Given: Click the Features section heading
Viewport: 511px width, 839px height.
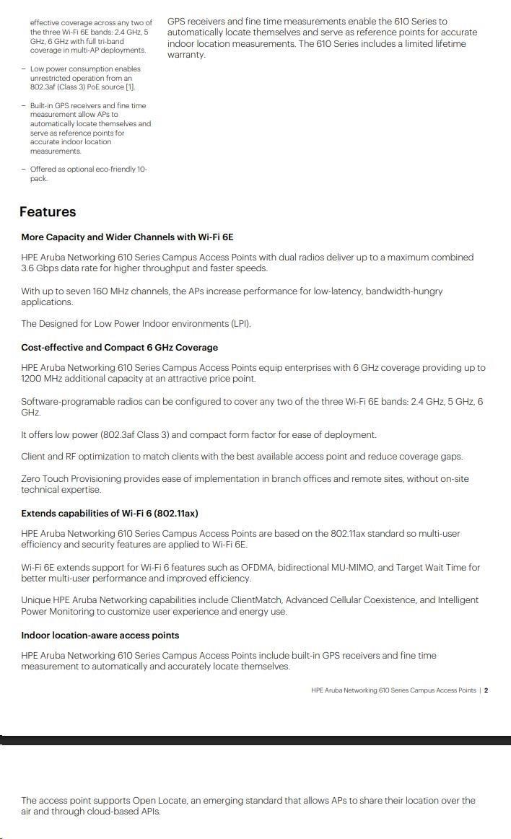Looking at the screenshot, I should (48, 212).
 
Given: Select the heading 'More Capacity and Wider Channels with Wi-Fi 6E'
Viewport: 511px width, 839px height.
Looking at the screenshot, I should (127, 237).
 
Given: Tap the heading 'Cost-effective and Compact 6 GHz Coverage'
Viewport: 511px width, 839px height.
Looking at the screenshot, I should (119, 348).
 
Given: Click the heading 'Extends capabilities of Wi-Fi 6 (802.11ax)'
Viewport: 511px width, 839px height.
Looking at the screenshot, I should (109, 514).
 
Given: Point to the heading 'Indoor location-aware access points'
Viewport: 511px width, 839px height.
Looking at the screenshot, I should (100, 636).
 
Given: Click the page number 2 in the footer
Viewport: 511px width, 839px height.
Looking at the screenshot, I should (486, 690).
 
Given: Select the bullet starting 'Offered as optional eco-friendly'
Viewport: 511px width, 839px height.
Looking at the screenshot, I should (88, 174).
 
